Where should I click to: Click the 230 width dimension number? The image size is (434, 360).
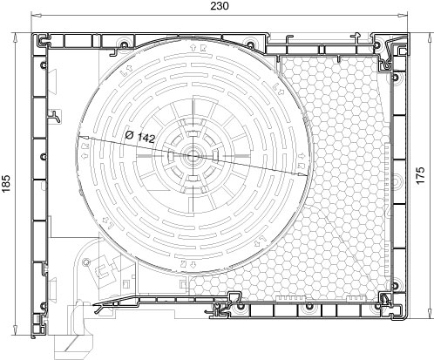tap(220, 6)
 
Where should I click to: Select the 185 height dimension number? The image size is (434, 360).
tap(6, 184)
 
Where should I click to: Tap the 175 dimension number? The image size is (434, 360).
tap(420, 175)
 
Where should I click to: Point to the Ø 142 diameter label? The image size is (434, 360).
tap(139, 137)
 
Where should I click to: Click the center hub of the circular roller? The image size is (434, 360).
tap(192, 156)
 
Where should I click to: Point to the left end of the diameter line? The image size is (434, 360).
tap(77, 136)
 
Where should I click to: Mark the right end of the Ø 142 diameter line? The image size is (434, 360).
tap(308, 175)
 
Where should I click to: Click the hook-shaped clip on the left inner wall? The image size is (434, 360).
tap(55, 116)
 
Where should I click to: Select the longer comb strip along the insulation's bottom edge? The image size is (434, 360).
tap(291, 298)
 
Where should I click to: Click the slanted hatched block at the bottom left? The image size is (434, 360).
tap(74, 347)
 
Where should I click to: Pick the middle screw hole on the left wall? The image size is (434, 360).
tap(44, 157)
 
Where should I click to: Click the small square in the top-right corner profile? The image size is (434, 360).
tap(402, 51)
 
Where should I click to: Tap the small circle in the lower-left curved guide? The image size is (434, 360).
tap(86, 262)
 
